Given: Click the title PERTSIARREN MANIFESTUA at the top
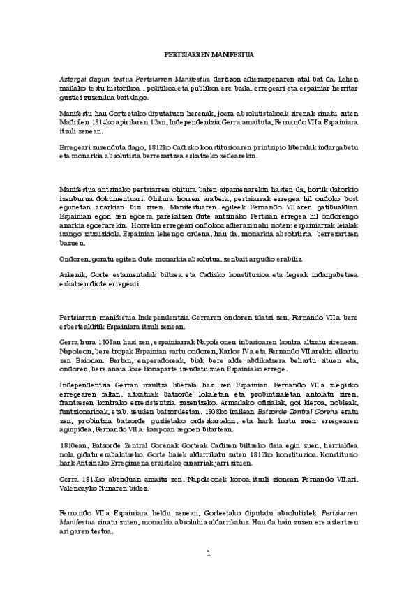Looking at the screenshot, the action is [x=209, y=54].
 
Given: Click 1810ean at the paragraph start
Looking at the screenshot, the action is [x=73, y=446].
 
